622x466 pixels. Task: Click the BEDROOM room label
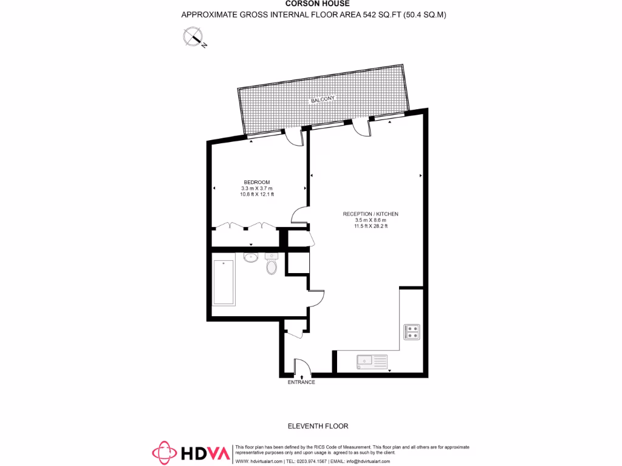click(x=256, y=182)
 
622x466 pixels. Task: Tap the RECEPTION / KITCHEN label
click(x=371, y=214)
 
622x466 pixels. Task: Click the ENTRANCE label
click(x=301, y=382)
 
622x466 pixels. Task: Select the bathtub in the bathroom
click(x=224, y=282)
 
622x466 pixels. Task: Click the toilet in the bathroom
click(x=272, y=266)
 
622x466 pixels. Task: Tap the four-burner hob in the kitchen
click(x=412, y=332)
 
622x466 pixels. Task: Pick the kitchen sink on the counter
click(x=372, y=361)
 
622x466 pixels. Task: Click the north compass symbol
click(x=194, y=38)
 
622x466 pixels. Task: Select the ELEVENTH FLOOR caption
click(x=318, y=426)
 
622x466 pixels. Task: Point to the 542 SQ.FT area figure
click(x=379, y=15)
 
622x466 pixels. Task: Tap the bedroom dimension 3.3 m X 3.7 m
click(x=257, y=189)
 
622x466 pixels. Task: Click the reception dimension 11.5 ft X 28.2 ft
click(x=371, y=226)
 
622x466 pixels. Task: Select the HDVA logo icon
click(x=164, y=453)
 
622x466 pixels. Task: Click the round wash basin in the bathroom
click(x=250, y=257)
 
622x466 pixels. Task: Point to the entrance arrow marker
click(x=302, y=377)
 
